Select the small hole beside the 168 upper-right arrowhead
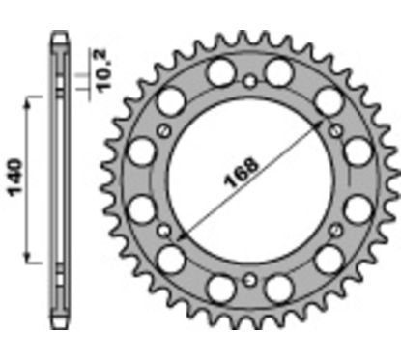(x=335, y=128)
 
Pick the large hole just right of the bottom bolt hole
(x=280, y=287)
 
